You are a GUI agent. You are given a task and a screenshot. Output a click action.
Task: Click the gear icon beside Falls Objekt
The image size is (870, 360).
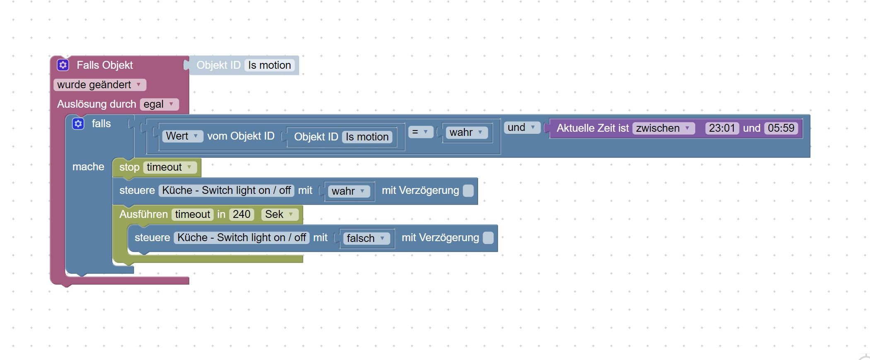[63, 65]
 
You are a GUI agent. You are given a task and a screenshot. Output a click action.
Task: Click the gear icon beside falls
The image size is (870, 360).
[78, 123]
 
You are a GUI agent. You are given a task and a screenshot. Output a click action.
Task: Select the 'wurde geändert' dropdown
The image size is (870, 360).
[100, 85]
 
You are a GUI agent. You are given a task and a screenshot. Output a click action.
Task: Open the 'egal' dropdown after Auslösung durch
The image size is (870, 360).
[159, 104]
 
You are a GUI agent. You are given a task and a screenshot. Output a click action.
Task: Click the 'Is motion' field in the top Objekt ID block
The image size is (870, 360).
[270, 65]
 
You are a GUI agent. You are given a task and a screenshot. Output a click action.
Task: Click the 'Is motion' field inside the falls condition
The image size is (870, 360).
[367, 137]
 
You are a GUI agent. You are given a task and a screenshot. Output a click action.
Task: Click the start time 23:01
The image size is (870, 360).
[722, 128]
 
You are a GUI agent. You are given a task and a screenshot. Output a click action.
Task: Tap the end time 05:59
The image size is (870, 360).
[781, 128]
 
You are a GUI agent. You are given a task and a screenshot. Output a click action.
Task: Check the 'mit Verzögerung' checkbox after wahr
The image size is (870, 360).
[468, 191]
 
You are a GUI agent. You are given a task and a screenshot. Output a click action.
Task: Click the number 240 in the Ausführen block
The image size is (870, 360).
[242, 214]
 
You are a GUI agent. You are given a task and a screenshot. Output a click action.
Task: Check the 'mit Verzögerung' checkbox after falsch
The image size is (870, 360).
[488, 238]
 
